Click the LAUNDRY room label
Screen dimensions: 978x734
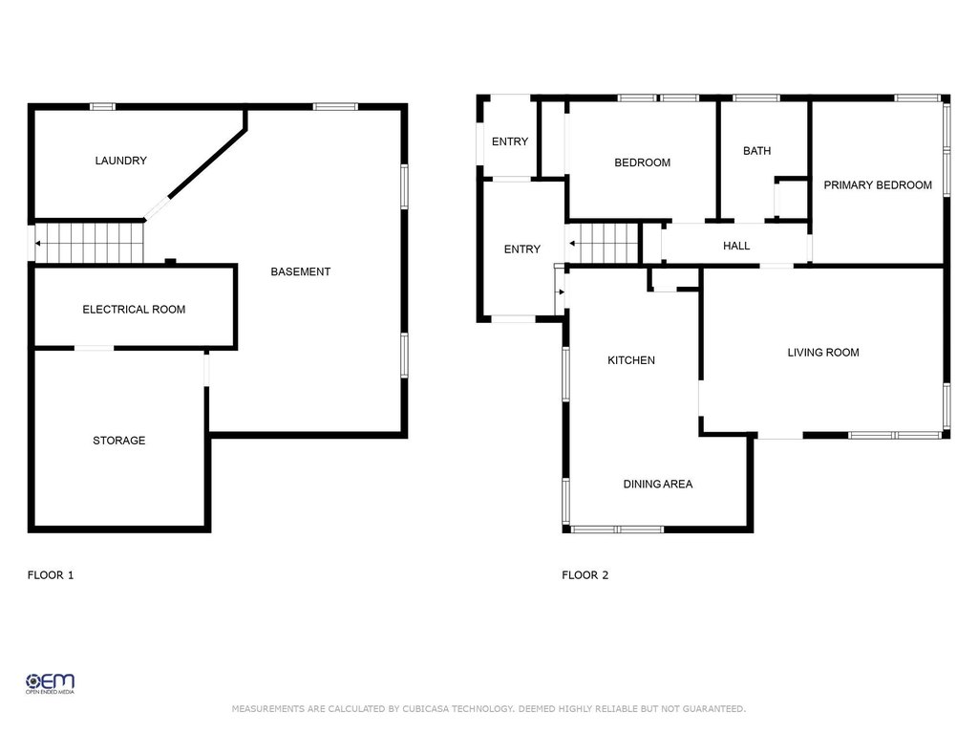click(x=121, y=161)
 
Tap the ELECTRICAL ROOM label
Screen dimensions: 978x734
click(x=134, y=309)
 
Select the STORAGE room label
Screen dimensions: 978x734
click(x=119, y=440)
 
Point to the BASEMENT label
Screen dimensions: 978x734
click(x=301, y=271)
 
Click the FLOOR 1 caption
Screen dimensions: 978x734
click(x=51, y=574)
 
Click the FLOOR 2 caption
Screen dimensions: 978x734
click(x=585, y=574)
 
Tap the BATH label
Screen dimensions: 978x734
click(x=756, y=150)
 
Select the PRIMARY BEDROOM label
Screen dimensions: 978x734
click(x=878, y=184)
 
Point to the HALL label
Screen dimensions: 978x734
click(x=736, y=246)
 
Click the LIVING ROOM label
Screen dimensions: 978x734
click(x=823, y=352)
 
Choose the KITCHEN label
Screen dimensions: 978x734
click(x=631, y=360)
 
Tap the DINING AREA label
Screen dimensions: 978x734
click(x=658, y=484)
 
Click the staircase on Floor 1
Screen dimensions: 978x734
click(x=89, y=243)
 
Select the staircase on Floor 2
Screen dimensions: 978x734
click(x=604, y=244)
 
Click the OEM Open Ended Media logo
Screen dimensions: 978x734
click(x=50, y=683)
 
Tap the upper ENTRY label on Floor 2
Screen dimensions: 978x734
click(x=510, y=141)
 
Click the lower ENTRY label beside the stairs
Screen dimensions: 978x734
click(x=522, y=249)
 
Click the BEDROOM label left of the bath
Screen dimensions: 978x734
click(x=643, y=162)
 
